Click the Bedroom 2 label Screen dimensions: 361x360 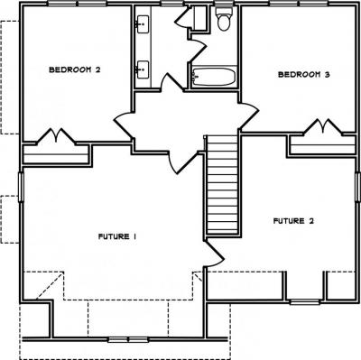(x=75, y=69)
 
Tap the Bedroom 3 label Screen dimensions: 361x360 (x=304, y=74)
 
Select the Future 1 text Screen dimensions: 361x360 (x=117, y=236)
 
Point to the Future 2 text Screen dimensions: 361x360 (x=293, y=221)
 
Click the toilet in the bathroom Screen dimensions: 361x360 (x=224, y=19)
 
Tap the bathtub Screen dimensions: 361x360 (x=214, y=77)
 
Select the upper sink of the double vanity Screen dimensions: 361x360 (x=143, y=24)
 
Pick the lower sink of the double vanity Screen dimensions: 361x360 (x=143, y=69)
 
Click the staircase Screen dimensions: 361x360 (x=223, y=184)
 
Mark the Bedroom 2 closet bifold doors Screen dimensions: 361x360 (x=56, y=137)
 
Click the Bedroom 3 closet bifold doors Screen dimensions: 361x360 (x=323, y=127)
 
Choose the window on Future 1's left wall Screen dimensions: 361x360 (x=21, y=187)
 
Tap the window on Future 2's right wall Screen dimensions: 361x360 (x=358, y=187)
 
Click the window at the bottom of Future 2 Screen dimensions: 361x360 (x=305, y=301)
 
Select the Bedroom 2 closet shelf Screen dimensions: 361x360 (x=56, y=154)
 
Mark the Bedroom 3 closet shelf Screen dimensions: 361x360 (x=322, y=145)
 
